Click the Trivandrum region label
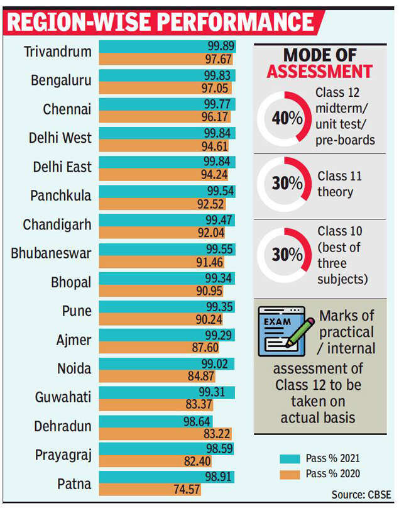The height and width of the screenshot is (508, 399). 57,52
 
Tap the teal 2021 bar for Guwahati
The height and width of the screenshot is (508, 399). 167,392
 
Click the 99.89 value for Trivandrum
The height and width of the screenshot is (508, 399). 221,46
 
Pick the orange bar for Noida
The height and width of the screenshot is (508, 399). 151,375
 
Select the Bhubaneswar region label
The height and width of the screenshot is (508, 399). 51,253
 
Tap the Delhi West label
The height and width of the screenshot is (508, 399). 60,138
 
